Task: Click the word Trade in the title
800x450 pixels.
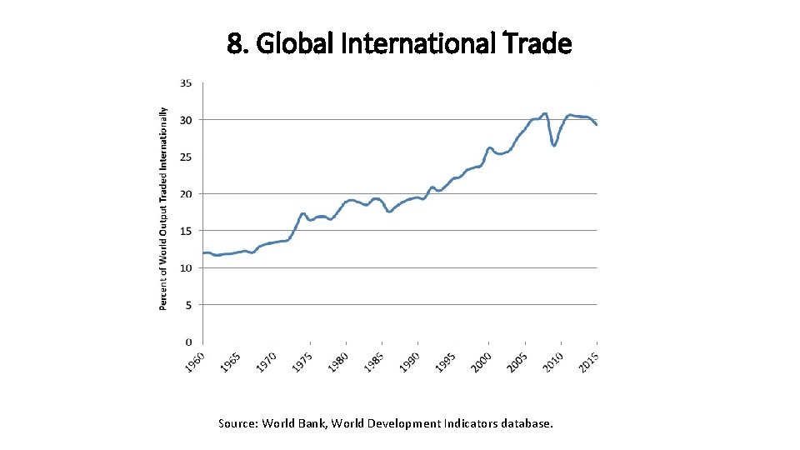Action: click(539, 42)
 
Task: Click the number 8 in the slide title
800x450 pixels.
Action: click(234, 42)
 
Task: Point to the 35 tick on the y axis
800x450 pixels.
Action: click(186, 83)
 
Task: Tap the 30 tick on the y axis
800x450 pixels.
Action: click(186, 120)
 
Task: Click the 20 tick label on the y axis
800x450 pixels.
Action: click(186, 194)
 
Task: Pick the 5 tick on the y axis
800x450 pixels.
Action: click(188, 305)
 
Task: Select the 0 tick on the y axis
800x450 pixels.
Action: click(188, 342)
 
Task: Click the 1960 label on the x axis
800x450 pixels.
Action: click(194, 362)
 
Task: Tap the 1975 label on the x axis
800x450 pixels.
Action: click(302, 362)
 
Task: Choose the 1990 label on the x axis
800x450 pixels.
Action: click(409, 362)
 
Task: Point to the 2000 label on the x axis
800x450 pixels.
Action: click(481, 362)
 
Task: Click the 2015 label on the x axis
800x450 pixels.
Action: click(588, 362)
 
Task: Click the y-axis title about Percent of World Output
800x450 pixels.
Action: click(163, 208)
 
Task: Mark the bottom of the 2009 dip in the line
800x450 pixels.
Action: click(554, 146)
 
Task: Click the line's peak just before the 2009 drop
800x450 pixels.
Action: click(545, 113)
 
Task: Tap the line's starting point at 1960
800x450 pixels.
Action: click(204, 252)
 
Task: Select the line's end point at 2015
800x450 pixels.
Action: click(597, 124)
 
